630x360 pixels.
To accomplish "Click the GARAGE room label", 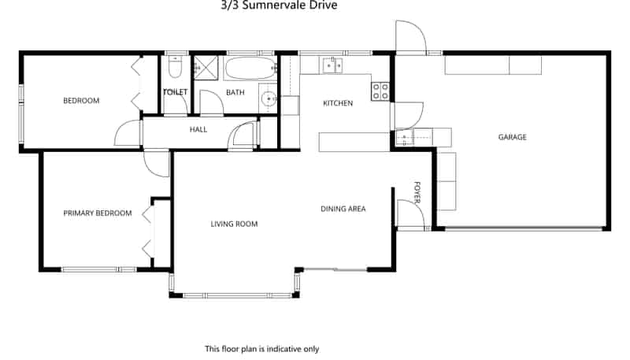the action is tap(513, 137).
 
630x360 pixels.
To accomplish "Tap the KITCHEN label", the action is tap(338, 103).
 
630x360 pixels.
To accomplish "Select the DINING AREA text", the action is tap(343, 209).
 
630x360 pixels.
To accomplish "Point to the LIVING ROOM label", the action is tap(234, 224).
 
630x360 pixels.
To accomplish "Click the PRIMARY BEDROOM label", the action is tap(98, 213).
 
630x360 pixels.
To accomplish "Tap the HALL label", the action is tap(198, 129).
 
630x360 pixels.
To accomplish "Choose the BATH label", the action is tap(235, 92).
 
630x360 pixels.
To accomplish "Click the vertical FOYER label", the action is tap(417, 193).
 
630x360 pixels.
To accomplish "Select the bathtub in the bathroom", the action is tap(250, 69).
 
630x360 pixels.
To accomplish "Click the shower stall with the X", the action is tap(206, 68).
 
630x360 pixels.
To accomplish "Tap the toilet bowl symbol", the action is tap(175, 67).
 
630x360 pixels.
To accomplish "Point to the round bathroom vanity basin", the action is tap(268, 98).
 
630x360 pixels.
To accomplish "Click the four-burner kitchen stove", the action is tap(380, 91).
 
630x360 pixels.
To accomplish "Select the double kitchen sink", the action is tap(332, 65).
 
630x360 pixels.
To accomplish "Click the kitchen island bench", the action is tap(354, 142).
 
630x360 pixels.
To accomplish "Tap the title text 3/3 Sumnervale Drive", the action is tap(279, 6).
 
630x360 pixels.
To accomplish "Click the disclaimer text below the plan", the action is tap(262, 349).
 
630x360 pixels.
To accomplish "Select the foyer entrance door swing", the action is tap(410, 213).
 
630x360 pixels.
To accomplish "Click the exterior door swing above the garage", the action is tap(410, 37).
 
